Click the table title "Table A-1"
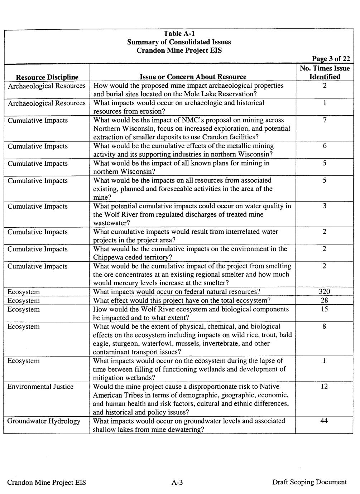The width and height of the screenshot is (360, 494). click(x=179, y=33)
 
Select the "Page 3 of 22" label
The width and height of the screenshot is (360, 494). click(x=331, y=59)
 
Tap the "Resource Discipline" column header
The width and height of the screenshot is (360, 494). click(x=47, y=77)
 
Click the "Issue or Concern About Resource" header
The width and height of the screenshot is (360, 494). click(x=193, y=77)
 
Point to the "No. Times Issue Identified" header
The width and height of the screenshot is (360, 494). click(x=325, y=72)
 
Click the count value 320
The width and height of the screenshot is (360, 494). click(x=324, y=292)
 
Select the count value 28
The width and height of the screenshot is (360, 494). click(x=324, y=300)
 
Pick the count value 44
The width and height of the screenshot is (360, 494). click(x=324, y=421)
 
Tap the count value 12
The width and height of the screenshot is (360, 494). click(x=324, y=387)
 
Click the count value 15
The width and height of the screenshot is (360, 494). click(x=324, y=309)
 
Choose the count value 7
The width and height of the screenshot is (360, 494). click(x=325, y=120)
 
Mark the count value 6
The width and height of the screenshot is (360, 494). click(x=325, y=146)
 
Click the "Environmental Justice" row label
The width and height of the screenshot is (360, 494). click(x=40, y=387)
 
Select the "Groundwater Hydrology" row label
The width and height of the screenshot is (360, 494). click(x=44, y=421)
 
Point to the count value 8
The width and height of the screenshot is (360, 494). click(x=325, y=326)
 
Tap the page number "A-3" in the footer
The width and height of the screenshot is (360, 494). click(x=177, y=482)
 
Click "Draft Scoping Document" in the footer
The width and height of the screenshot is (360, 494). click(x=309, y=482)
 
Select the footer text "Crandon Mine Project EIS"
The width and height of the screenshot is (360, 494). click(x=47, y=482)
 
